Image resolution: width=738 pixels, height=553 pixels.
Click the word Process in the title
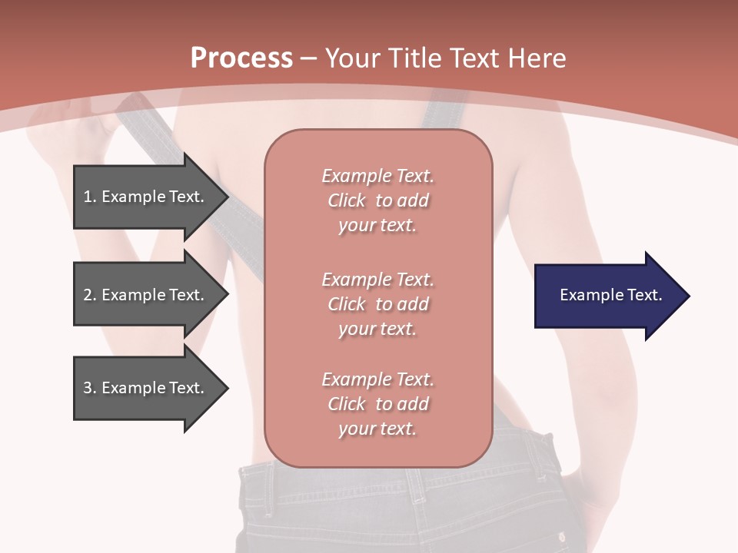coord(241,58)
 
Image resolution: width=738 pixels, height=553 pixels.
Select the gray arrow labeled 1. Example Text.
coord(146,197)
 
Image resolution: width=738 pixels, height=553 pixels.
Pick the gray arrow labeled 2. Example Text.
coord(146,295)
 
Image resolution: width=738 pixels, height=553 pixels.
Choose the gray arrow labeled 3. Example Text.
coord(146,388)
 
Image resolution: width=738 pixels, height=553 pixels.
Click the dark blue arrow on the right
coord(607,296)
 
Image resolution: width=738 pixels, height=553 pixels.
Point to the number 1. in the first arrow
coord(90,197)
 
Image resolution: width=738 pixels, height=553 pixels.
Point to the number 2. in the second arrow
coord(90,295)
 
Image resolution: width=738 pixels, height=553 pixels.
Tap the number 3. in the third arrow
coord(90,388)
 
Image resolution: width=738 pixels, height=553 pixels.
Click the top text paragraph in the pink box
coord(377,200)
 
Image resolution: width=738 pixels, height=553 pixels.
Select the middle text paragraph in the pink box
coord(377,304)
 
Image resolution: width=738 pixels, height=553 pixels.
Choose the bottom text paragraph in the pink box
coord(377,404)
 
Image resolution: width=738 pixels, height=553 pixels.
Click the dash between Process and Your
coord(309,58)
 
